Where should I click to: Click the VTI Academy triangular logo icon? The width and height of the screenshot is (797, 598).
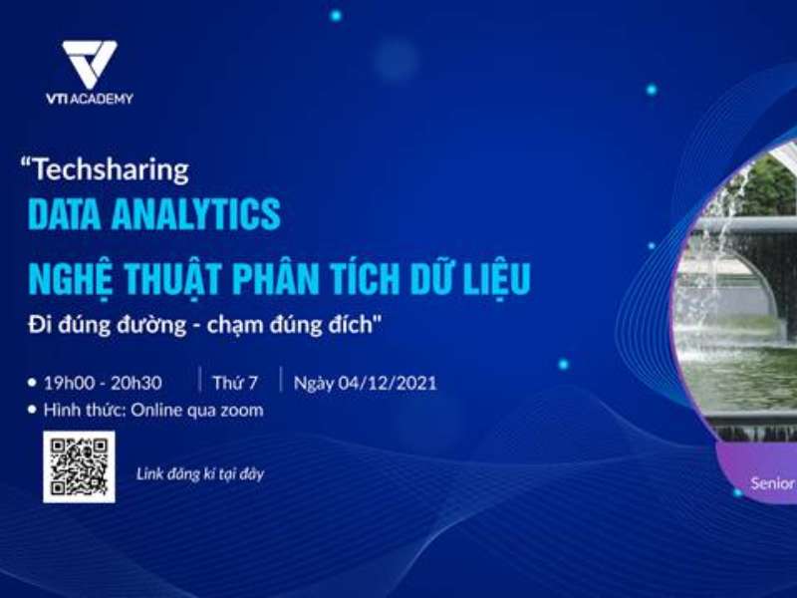click(x=89, y=64)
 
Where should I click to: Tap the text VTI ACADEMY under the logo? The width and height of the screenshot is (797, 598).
click(x=89, y=99)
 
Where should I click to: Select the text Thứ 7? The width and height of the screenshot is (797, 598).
click(x=235, y=383)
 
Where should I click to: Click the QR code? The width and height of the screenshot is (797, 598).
click(x=79, y=466)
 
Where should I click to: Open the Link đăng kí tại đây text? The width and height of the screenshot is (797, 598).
click(x=199, y=474)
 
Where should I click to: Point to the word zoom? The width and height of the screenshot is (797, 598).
click(x=241, y=410)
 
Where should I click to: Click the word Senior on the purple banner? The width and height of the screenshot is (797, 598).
click(x=772, y=483)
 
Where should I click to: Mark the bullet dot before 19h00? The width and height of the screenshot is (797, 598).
click(x=33, y=383)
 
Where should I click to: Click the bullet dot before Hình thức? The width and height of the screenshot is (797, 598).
click(x=33, y=410)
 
